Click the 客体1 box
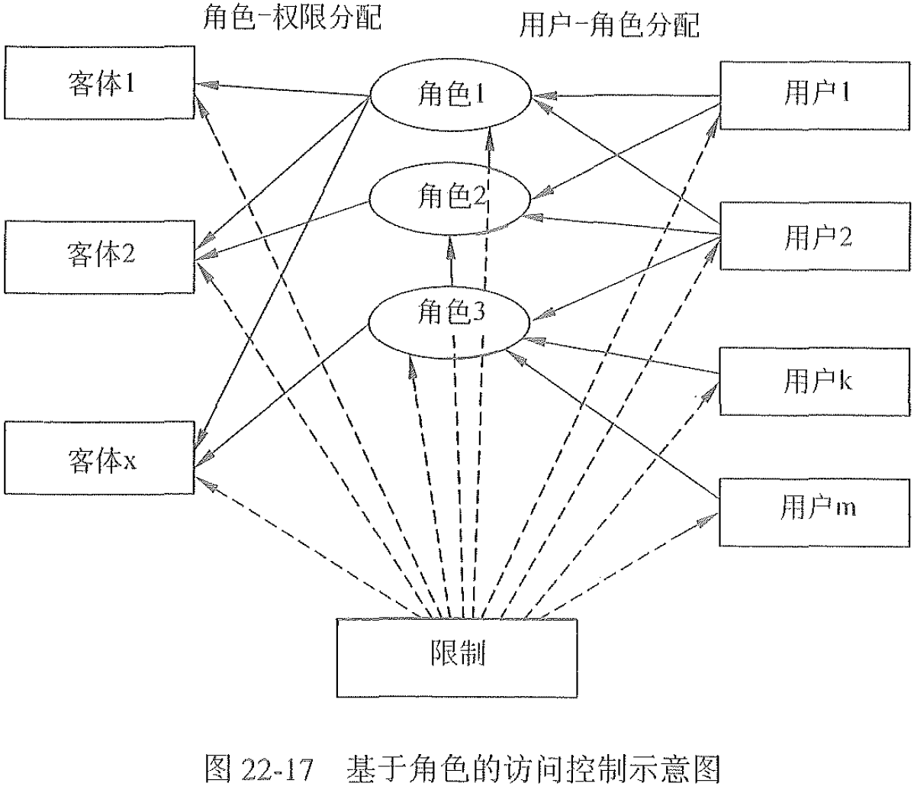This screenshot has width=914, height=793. [99, 82]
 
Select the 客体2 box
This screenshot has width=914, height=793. [99, 253]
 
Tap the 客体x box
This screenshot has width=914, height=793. [99, 459]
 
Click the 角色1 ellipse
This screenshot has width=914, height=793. [450, 95]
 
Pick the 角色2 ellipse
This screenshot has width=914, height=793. [450, 198]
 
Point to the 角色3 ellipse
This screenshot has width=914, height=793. [450, 313]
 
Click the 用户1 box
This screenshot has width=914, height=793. [815, 93]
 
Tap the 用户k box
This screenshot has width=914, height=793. [815, 380]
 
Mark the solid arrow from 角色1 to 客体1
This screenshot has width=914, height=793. [282, 89]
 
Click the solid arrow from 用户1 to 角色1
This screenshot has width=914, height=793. [626, 96]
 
